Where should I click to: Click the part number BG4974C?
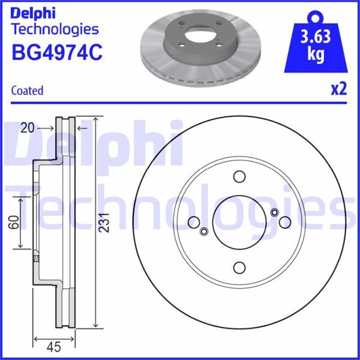[57, 52]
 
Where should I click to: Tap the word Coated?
[28, 91]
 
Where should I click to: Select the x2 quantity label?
[338, 89]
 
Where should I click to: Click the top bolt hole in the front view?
[239, 178]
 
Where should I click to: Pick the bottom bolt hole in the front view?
[239, 268]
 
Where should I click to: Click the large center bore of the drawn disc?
[239, 223]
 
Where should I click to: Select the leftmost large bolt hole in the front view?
[194, 223]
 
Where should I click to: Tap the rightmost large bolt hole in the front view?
[284, 223]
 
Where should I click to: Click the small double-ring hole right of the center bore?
[274, 212]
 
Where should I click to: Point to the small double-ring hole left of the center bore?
[203, 232]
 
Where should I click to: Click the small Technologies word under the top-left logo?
[55, 29]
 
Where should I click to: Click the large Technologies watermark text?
[180, 204]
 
